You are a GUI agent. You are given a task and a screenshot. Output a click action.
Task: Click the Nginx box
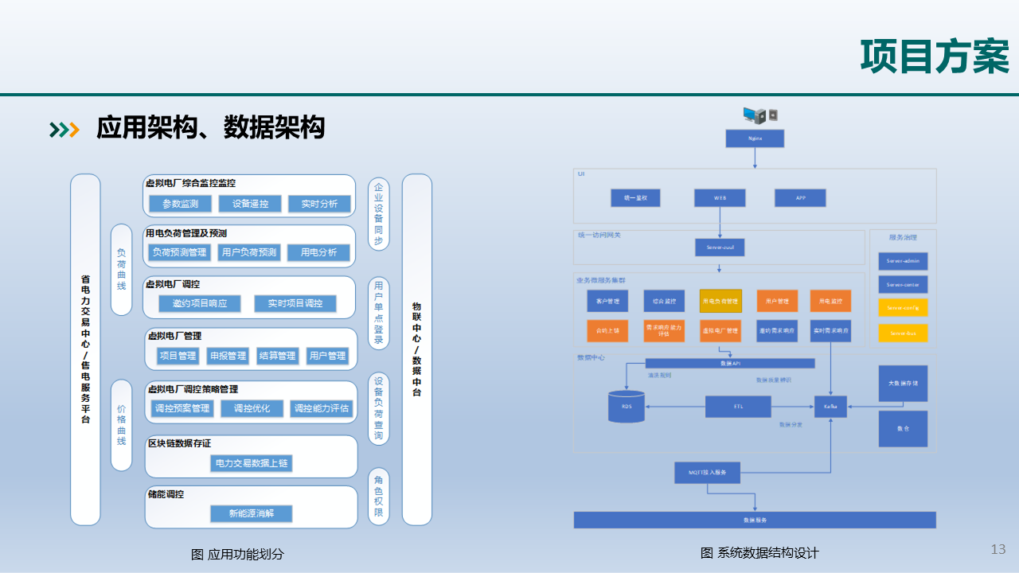755,138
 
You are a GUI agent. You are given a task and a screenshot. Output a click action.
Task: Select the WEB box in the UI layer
720,197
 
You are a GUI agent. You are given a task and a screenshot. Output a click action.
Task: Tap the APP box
800,197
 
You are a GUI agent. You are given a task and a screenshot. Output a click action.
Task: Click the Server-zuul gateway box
720,247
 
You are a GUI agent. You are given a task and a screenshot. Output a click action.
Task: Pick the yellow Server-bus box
903,333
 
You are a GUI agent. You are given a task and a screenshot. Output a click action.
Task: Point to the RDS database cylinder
627,406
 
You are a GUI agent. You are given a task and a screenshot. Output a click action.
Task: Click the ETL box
738,407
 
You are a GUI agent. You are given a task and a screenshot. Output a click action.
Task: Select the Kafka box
830,406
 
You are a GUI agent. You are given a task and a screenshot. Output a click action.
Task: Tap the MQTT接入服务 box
708,472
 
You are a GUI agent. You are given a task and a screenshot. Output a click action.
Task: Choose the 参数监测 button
181,204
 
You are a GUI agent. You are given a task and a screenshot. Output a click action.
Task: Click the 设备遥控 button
250,204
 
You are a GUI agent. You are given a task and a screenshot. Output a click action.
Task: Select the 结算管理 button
277,356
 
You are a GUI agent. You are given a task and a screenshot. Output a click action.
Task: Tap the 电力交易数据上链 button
252,462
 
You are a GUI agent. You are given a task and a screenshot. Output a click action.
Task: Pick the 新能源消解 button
251,513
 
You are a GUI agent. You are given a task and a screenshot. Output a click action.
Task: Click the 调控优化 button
251,408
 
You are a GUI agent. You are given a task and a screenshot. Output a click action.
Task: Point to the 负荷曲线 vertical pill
121,270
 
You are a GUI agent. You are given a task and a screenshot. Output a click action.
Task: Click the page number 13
998,549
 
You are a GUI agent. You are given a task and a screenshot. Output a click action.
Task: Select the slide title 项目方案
935,57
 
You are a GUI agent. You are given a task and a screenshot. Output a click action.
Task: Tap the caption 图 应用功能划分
237,554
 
